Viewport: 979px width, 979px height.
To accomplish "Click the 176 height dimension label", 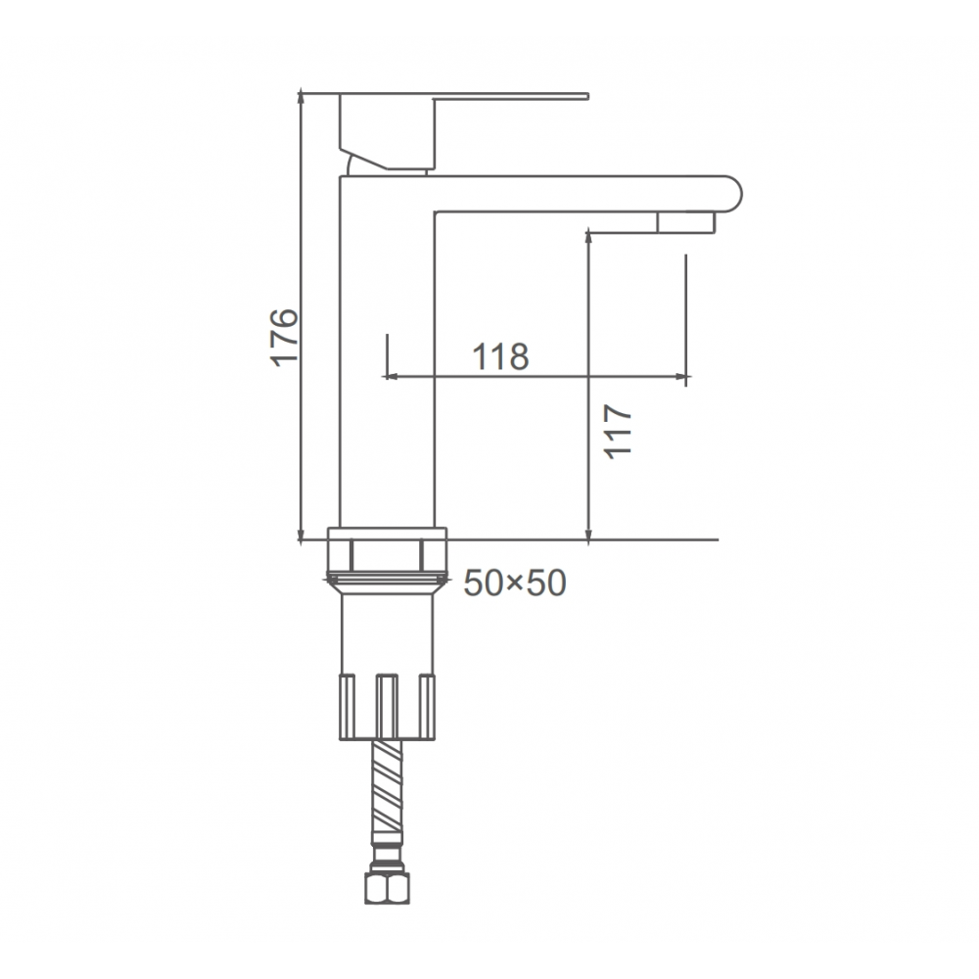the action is pyautogui.click(x=284, y=337).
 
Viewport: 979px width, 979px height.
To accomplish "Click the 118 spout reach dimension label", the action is pyautogui.click(x=500, y=356).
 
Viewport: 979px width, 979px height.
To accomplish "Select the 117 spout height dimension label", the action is pyautogui.click(x=618, y=432).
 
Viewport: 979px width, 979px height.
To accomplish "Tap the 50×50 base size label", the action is pyautogui.click(x=515, y=583).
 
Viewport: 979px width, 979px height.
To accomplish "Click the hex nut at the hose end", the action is pyautogui.click(x=387, y=887).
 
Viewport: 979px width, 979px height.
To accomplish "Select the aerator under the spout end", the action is pyautogui.click(x=685, y=222).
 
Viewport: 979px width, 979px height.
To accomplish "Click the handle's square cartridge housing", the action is pyautogui.click(x=387, y=131).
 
